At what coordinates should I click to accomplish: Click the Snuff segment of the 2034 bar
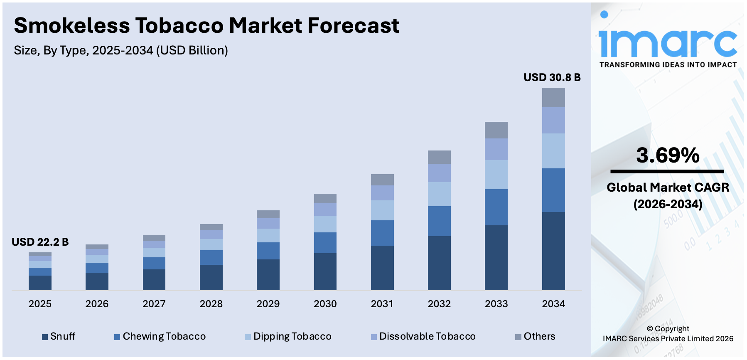tap(553, 251)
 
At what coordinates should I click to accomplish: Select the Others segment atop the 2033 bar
tap(496, 130)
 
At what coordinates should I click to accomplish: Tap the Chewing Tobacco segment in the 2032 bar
tap(439, 221)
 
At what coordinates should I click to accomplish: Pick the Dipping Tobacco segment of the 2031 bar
tap(382, 210)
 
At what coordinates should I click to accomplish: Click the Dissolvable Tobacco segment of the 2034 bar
tap(553, 121)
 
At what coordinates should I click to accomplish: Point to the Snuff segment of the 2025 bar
tap(40, 283)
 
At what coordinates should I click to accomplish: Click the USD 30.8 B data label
tap(552, 77)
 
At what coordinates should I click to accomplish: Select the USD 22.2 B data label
tap(40, 242)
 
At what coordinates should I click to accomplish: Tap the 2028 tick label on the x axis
tap(211, 304)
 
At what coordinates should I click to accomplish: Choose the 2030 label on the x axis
tap(325, 304)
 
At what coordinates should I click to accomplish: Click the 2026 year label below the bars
tap(97, 304)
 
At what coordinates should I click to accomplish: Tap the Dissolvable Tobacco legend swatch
tap(374, 337)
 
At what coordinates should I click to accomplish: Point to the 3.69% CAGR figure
tap(668, 155)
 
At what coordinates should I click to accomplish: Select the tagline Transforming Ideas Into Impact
tap(668, 65)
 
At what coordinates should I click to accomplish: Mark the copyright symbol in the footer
tap(650, 329)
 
